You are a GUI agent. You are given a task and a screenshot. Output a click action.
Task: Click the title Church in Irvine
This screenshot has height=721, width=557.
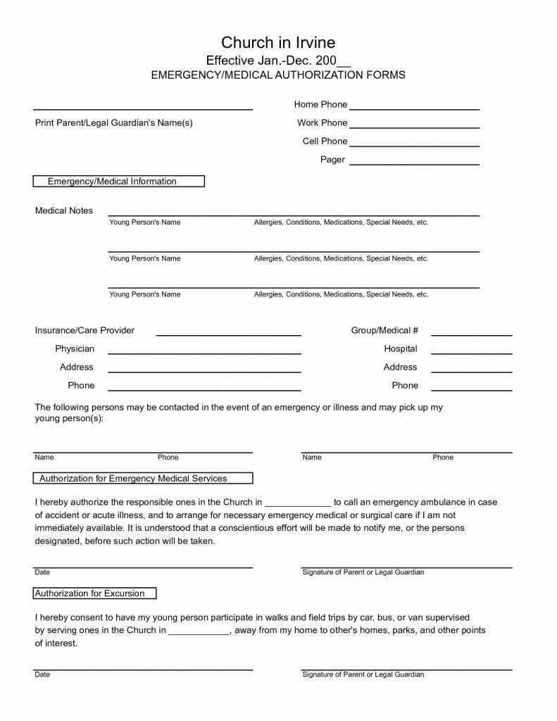click(278, 43)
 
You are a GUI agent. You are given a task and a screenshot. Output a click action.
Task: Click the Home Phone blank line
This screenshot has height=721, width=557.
click(414, 108)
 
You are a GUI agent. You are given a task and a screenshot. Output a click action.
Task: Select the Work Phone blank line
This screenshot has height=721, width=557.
click(414, 127)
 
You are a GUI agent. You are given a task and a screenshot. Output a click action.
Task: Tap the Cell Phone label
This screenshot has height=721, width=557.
click(325, 142)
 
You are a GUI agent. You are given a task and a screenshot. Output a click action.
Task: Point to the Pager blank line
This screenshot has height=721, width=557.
click(414, 163)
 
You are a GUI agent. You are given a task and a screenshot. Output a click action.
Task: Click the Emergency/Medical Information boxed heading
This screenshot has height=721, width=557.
click(119, 182)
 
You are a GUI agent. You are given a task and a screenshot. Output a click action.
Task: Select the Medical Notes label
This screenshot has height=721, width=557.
click(64, 211)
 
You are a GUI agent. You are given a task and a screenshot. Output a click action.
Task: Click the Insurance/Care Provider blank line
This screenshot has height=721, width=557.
click(228, 335)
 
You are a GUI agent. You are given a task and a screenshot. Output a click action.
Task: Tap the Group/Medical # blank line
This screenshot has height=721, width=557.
click(471, 335)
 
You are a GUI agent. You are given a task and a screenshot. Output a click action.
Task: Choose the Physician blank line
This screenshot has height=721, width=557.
click(204, 353)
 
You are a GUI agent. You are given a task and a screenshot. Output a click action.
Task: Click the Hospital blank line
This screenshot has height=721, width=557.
click(471, 353)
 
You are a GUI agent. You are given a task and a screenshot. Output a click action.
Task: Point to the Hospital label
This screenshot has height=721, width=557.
click(400, 349)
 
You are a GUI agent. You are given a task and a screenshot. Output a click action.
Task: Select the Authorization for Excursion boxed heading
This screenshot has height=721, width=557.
click(95, 594)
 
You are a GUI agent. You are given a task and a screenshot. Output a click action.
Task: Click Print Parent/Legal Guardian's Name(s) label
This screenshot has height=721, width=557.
click(114, 123)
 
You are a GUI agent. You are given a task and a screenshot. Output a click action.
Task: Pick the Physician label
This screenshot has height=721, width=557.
click(75, 349)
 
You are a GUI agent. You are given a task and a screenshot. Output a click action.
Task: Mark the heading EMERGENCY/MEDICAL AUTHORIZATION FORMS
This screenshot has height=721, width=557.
click(278, 75)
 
